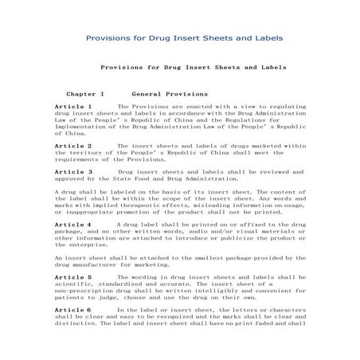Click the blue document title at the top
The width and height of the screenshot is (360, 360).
tap(184, 38)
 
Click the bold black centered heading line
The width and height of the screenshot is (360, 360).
tap(194, 68)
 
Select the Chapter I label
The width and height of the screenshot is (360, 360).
tap(85, 93)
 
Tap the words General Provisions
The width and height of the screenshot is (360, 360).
tap(170, 93)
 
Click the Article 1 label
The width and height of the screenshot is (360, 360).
tap(72, 106)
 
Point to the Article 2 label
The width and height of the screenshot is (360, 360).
tap(72, 147)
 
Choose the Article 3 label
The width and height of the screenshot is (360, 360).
tap(72, 171)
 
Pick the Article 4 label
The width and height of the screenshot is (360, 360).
tap(72, 225)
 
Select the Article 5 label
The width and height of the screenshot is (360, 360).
tap(72, 277)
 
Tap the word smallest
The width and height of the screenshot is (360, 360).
tap(203, 258)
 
